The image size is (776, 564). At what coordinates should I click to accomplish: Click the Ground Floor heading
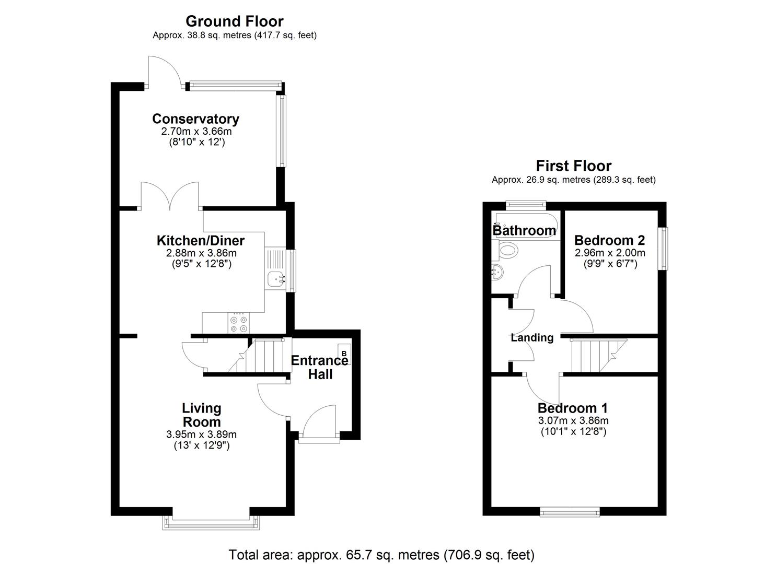click(x=234, y=21)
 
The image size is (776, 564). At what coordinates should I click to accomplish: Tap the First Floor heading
click(x=573, y=166)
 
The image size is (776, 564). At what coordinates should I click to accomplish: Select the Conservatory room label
click(x=195, y=119)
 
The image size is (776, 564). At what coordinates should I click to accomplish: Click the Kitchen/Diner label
click(x=201, y=241)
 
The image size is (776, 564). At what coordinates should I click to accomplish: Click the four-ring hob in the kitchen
click(x=239, y=323)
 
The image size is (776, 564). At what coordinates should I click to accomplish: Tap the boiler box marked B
click(x=344, y=354)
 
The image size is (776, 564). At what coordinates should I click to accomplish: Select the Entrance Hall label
click(x=319, y=367)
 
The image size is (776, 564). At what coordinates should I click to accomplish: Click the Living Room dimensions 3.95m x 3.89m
click(x=201, y=434)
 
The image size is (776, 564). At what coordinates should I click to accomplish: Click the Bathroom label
click(x=524, y=230)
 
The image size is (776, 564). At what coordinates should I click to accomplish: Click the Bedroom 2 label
click(x=609, y=240)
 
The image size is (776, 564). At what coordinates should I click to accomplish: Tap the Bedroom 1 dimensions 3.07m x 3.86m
click(x=573, y=420)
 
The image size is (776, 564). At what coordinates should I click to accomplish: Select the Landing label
click(x=532, y=338)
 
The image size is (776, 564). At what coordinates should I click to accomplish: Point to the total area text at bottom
click(x=381, y=555)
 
